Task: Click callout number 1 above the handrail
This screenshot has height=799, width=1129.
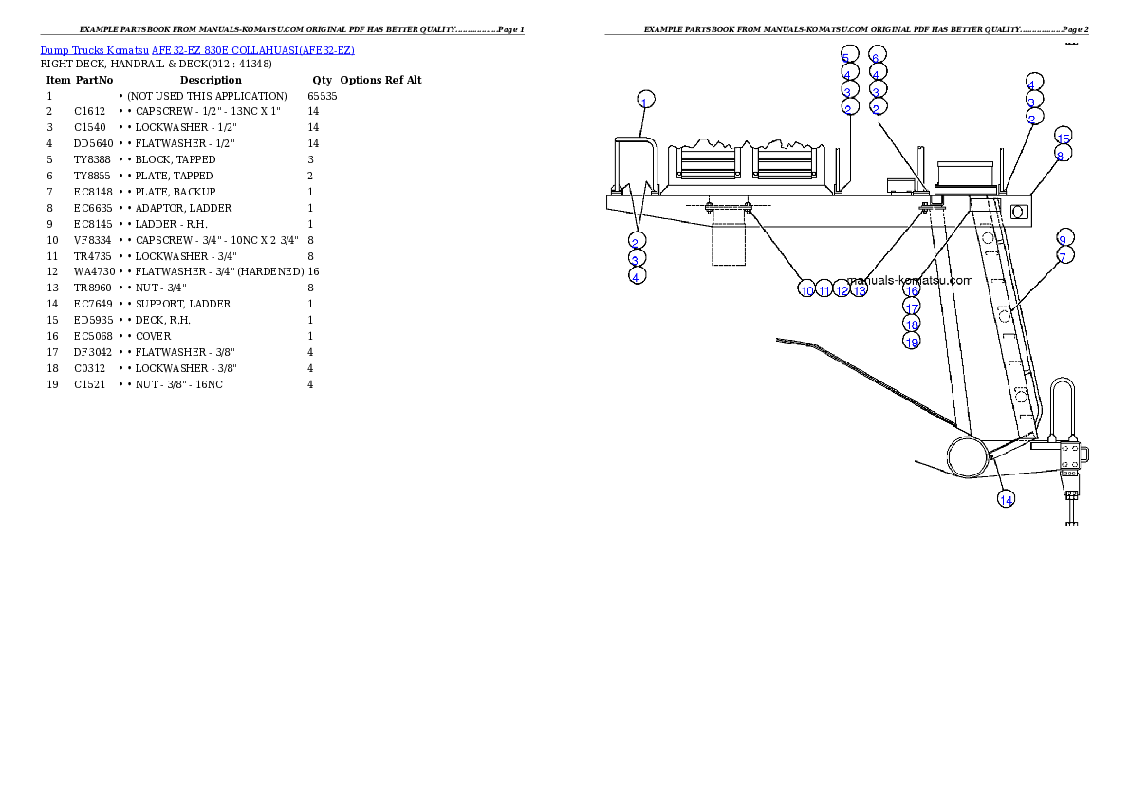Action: (644, 102)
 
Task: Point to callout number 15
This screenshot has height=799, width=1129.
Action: (1063, 139)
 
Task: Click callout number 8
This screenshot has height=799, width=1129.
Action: (1061, 155)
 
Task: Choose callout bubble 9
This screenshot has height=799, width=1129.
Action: (1064, 239)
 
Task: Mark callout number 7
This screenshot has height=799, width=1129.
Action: (1064, 256)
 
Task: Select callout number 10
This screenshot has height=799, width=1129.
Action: (806, 290)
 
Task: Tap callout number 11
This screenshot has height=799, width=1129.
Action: (824, 290)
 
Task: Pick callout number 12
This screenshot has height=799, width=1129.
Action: (842, 290)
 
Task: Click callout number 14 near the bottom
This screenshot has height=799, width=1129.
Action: (1006, 499)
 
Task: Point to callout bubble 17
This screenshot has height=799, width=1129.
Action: (912, 307)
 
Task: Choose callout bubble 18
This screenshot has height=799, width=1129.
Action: (912, 325)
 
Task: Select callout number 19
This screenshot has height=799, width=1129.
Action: (912, 343)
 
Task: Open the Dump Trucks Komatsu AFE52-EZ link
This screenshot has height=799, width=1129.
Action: (197, 50)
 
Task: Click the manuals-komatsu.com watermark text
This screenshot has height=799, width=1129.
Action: (911, 280)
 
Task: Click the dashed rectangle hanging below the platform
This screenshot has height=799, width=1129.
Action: (729, 245)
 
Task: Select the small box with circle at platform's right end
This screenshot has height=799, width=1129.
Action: (1018, 212)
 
